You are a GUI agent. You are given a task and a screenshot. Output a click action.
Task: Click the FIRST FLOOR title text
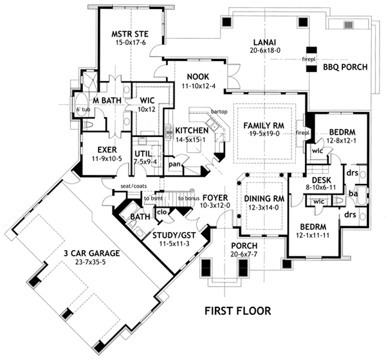click(x=237, y=310)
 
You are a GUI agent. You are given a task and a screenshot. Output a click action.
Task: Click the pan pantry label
click(x=174, y=165)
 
